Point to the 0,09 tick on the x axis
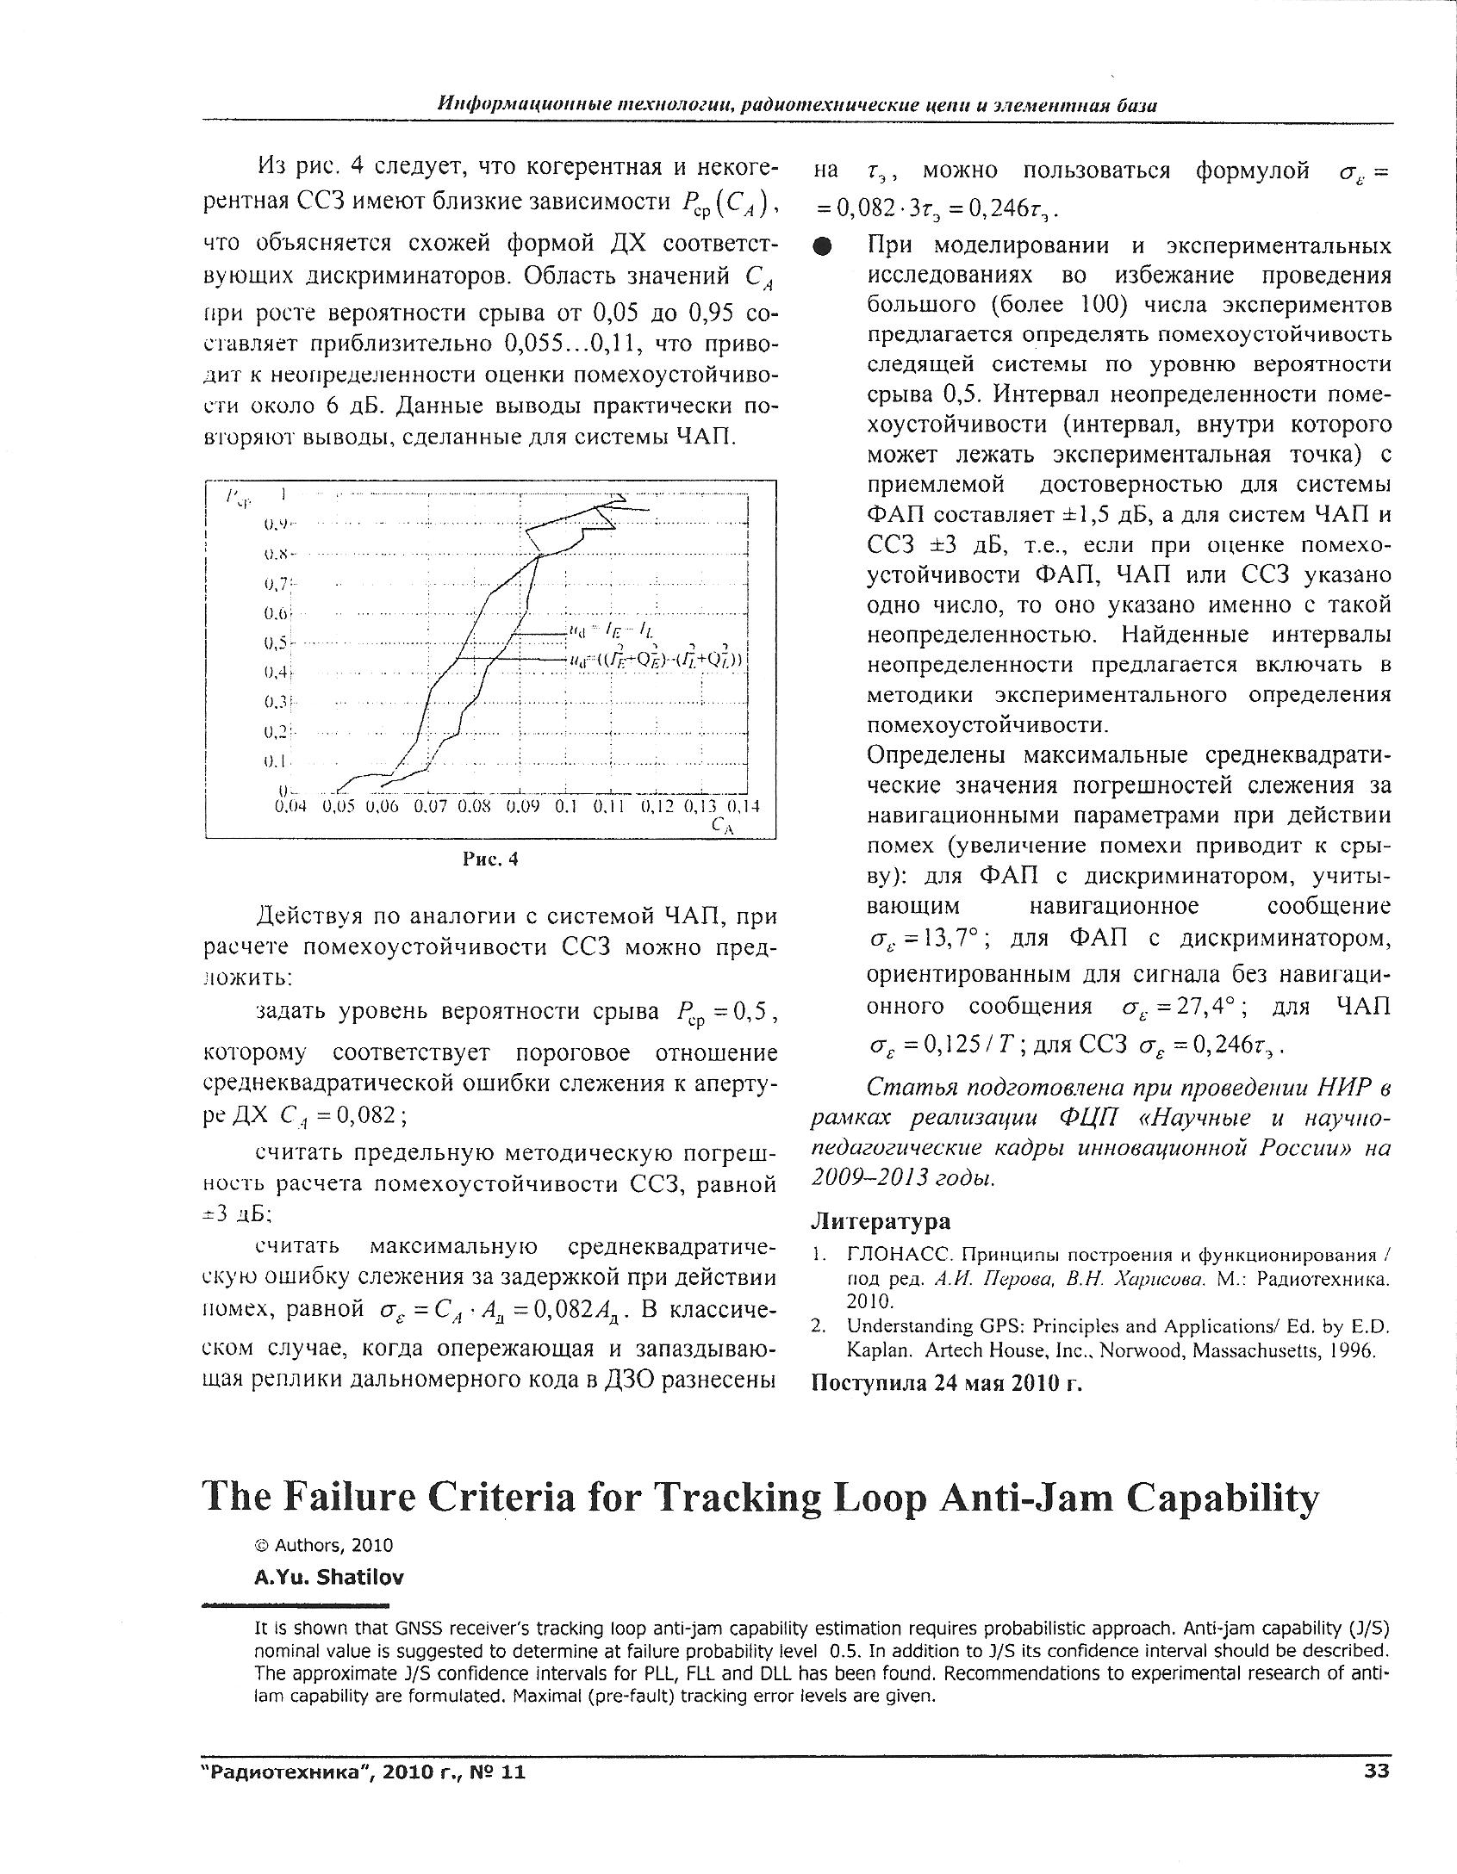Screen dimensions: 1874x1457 522,807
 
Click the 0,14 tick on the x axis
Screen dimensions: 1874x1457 740,807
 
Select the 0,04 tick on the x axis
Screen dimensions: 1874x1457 290,807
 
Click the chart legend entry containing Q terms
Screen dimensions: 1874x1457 658,661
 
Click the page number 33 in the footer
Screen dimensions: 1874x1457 1377,1771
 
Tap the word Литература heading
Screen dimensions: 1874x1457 881,1220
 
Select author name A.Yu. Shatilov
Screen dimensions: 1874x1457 328,1577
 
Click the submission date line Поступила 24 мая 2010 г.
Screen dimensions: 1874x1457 947,1382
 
